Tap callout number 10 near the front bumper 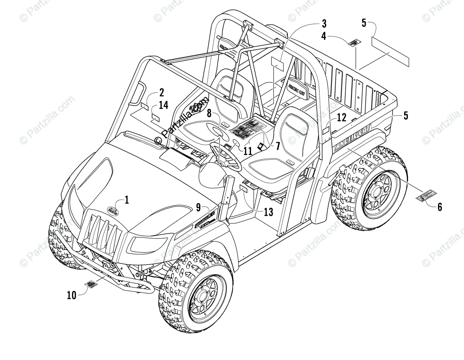(71, 295)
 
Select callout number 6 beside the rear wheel (440, 207)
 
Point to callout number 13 (268, 212)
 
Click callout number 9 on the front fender (198, 208)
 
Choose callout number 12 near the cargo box (341, 116)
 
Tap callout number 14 (164, 105)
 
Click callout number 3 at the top (324, 24)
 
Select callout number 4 (323, 37)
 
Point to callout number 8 (209, 113)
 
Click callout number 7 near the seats (277, 146)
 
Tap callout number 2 (161, 92)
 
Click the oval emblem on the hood (112, 210)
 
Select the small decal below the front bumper (92, 285)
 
